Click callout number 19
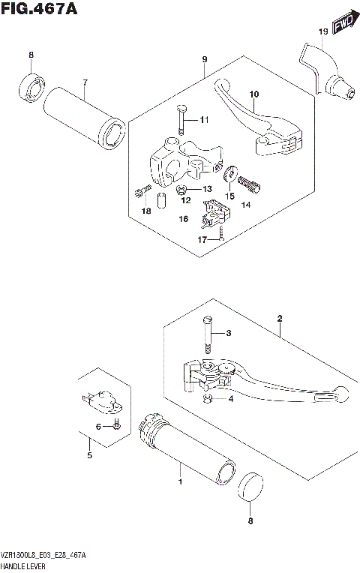[322, 31]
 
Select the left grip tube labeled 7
[83, 117]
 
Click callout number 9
[204, 59]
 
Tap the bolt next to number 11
[181, 121]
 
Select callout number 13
[206, 189]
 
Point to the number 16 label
[182, 219]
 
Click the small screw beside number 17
[222, 236]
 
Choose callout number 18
[146, 211]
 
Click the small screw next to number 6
[117, 427]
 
